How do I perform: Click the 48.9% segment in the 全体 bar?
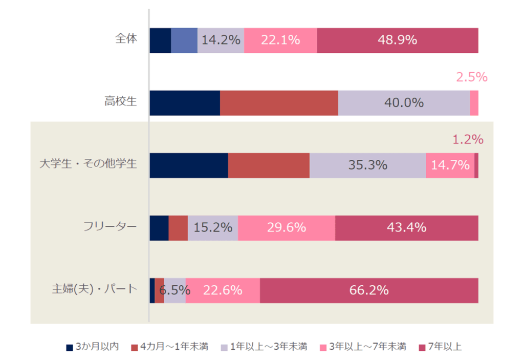coord(398,40)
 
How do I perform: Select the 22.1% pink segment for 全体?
coord(280,40)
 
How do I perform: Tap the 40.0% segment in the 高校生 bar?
coord(404,103)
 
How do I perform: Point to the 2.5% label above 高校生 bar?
coord(471,77)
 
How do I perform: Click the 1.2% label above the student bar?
coord(468,139)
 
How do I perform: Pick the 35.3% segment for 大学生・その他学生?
coord(367,165)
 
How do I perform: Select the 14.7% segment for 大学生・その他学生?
coord(450,165)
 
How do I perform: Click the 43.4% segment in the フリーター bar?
coord(406,228)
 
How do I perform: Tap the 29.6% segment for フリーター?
coord(287,228)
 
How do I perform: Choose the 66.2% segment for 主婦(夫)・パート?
coord(369,290)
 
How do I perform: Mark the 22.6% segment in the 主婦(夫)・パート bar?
coord(223,290)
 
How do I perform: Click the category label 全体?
coord(126,39)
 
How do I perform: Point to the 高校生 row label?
coord(121,101)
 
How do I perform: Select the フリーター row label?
coord(110,226)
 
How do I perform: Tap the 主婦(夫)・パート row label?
coord(95,289)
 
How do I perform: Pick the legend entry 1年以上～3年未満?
coord(268,347)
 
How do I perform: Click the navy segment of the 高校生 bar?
coord(185,103)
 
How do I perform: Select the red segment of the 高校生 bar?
coord(279,103)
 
